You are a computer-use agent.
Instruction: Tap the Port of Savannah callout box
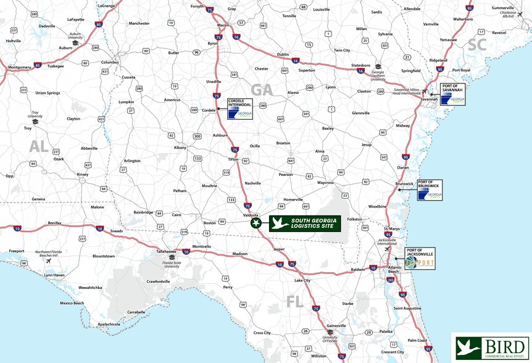tap(452, 94)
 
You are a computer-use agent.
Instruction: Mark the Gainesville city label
tap(336, 325)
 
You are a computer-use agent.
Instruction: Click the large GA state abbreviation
tap(261, 90)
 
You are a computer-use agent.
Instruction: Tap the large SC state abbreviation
tap(477, 44)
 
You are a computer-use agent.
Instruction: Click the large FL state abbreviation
tap(295, 301)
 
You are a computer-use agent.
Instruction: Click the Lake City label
tap(302, 280)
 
